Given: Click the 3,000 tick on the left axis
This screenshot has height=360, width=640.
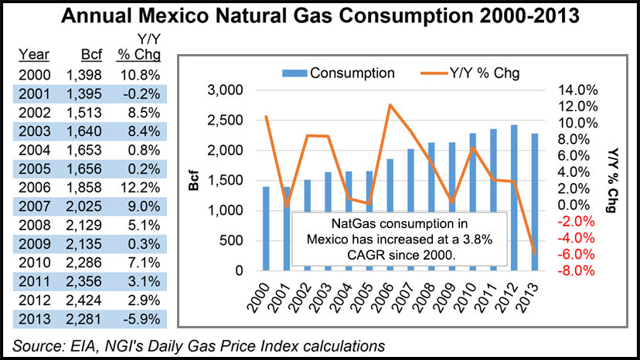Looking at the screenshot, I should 227,90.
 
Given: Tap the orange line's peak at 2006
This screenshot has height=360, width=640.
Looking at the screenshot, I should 390,105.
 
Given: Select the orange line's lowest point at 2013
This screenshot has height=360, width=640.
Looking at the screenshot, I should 535,253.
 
